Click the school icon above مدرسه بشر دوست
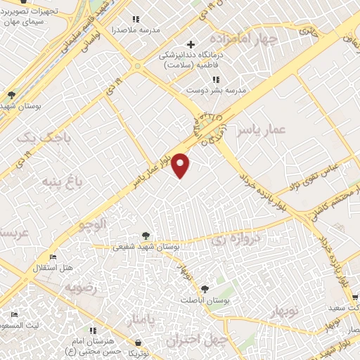(x=215, y=79)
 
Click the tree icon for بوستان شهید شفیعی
(x=146, y=236)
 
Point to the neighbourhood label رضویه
(x=80, y=288)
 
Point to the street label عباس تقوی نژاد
(x=315, y=176)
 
